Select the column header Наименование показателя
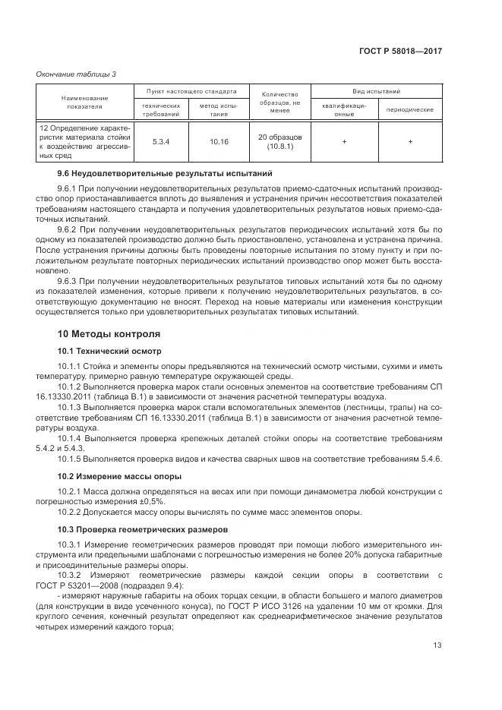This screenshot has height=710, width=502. coord(84,103)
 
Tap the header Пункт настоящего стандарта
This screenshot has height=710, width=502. coord(186,90)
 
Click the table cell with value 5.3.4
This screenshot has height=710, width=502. coord(160,141)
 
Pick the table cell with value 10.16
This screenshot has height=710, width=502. coord(219,141)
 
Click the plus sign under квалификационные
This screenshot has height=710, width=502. coord(344,141)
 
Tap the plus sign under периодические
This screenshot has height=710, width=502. coord(410,141)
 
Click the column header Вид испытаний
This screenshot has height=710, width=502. coord(377,90)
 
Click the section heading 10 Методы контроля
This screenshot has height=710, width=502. coord(109,333)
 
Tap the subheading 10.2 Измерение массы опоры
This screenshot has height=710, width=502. coord(119,475)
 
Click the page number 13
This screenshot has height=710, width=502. coord(437,645)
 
